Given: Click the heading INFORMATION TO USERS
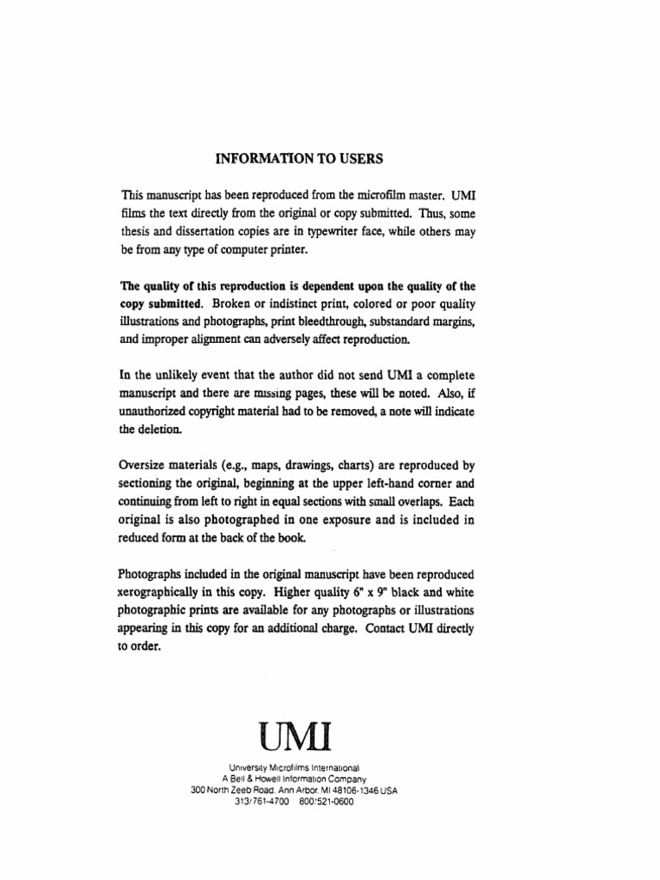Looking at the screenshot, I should pos(297,159).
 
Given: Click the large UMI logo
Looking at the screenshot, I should pos(295,736).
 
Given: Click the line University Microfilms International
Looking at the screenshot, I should pos(294,767).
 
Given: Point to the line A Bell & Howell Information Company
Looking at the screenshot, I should pos(294,779).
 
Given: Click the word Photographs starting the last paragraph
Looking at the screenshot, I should pos(149,573).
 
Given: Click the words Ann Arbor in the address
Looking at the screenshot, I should pos(288,791).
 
